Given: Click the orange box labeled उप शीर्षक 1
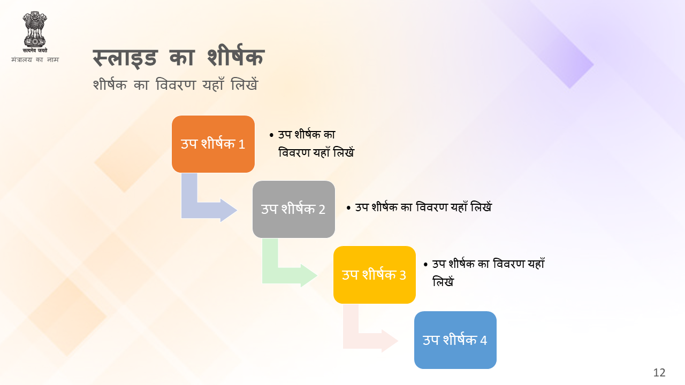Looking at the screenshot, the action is click(213, 144).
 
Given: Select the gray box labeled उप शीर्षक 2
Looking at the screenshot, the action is click(294, 209).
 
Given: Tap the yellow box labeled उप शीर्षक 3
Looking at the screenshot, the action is click(374, 275).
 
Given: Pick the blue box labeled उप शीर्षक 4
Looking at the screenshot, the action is click(455, 340).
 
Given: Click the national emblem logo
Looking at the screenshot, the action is click(35, 32).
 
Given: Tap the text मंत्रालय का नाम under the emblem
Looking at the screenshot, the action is click(35, 59).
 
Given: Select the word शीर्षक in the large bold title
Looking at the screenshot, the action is click(235, 56).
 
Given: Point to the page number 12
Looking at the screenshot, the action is click(659, 373).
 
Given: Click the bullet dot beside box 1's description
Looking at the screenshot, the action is click(271, 135).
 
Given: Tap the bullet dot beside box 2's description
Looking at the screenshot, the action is click(348, 208).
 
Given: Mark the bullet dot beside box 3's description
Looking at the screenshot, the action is click(425, 265).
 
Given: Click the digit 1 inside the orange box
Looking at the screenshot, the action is click(241, 144).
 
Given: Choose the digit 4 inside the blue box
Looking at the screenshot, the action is click(483, 341).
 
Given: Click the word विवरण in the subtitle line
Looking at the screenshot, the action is click(176, 84).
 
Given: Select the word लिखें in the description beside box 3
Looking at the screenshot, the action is click(443, 281).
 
